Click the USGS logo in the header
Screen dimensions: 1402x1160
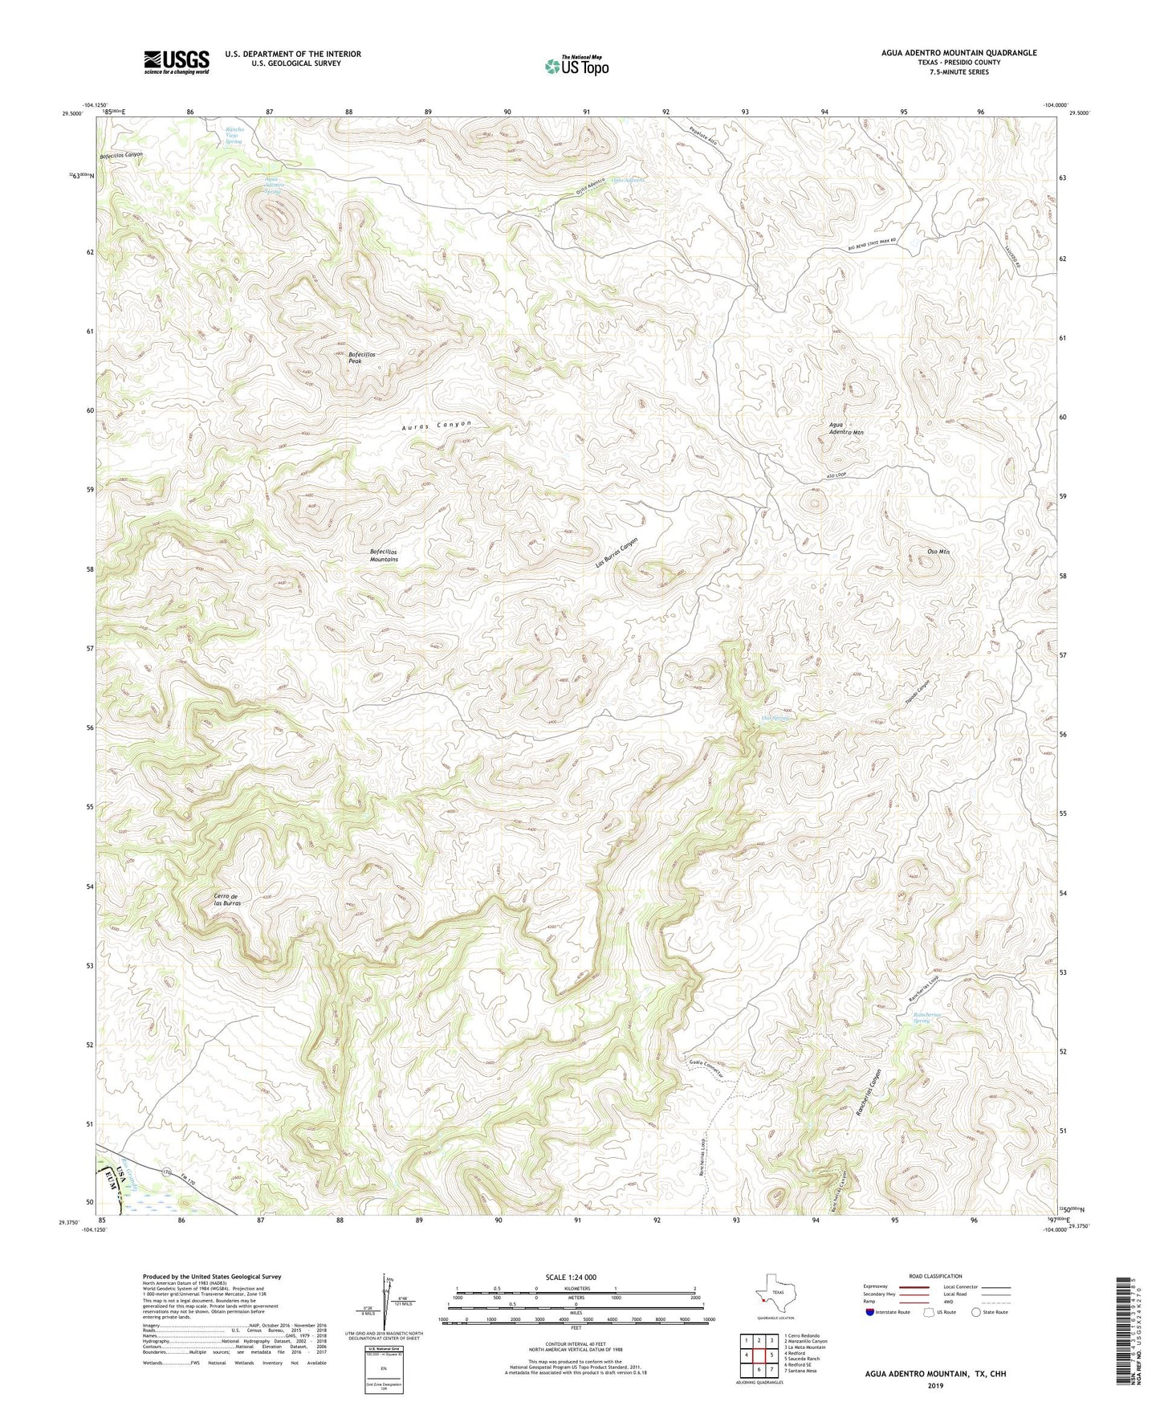point(176,62)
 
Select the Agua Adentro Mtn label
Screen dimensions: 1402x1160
point(846,429)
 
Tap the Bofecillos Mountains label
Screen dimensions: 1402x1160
point(384,555)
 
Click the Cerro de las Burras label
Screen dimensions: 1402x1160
point(227,899)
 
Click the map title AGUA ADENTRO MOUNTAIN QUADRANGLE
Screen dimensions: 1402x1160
point(959,53)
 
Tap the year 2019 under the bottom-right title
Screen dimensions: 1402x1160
point(935,1385)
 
